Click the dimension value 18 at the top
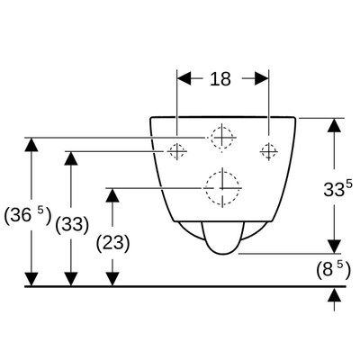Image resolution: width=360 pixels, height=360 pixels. tap(220, 79)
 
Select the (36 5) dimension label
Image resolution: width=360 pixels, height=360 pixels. tap(28, 216)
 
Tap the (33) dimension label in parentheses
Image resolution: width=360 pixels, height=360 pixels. tap(72, 225)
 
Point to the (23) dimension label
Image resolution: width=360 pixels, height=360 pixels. tap(112, 243)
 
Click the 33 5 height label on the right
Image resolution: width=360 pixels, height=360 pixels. tap(337, 188)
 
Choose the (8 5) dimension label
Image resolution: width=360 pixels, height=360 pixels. tap(333, 270)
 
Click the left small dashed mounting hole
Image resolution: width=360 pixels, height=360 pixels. tap(176, 151)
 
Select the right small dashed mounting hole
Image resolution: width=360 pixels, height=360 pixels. tap(268, 151)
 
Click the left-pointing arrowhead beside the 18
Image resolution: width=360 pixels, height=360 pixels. tap(184, 78)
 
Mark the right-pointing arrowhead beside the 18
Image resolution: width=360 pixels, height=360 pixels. tap(261, 78)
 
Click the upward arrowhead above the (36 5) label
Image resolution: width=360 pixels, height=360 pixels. tap(31, 145)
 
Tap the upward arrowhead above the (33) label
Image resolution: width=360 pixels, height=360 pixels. tap(71, 158)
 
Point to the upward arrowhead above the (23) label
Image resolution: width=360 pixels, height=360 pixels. tap(112, 195)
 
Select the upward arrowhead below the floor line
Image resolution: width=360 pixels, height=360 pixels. tap(335, 295)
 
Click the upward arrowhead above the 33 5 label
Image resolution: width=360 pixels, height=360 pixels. tap(334, 125)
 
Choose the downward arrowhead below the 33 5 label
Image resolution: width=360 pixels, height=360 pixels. tap(334, 247)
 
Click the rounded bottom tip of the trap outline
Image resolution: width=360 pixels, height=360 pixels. tap(223, 254)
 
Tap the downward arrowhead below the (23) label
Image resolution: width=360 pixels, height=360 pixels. tap(112, 279)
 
